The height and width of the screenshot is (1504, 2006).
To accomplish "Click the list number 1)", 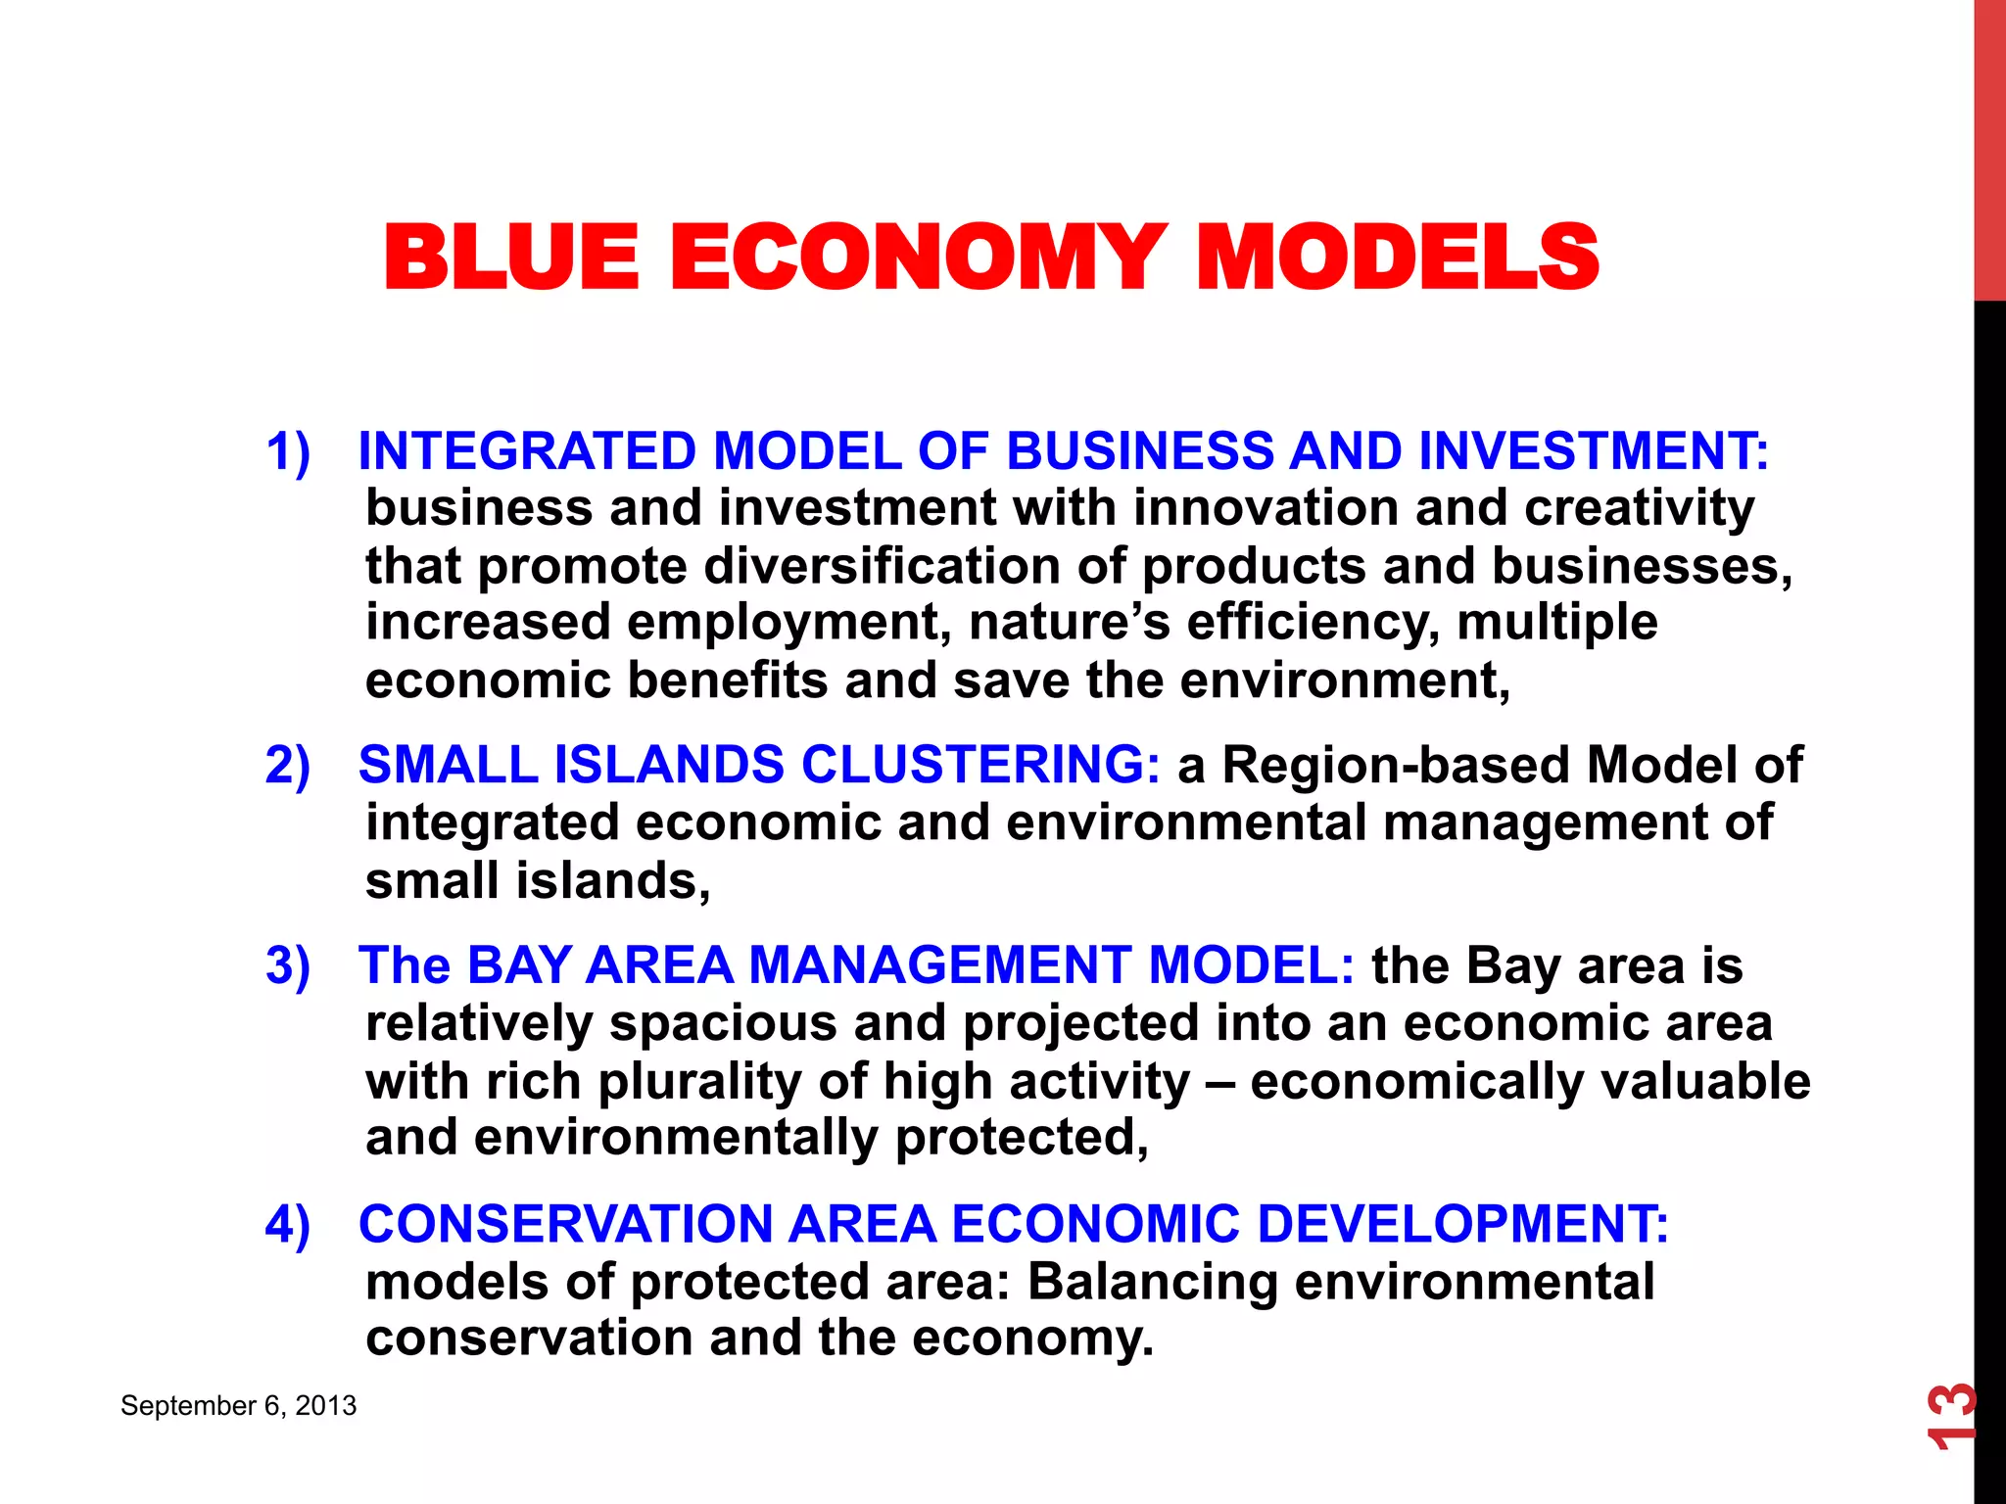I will pyautogui.click(x=288, y=451).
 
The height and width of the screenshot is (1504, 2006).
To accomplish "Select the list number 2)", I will pyautogui.click(x=288, y=765).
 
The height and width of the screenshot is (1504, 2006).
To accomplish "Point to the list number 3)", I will pyautogui.click(x=288, y=965).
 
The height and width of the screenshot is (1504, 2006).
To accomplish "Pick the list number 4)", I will pyautogui.click(x=288, y=1224).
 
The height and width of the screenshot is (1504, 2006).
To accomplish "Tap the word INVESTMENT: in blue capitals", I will pyautogui.click(x=1594, y=451).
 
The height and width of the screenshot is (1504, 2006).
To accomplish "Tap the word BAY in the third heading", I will pyautogui.click(x=518, y=965).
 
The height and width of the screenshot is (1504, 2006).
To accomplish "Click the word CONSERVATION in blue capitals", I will pyautogui.click(x=566, y=1224).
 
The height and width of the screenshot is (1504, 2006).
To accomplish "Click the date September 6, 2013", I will pyautogui.click(x=238, y=1406).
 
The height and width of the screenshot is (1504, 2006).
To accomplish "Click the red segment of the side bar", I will pyautogui.click(x=1989, y=147).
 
